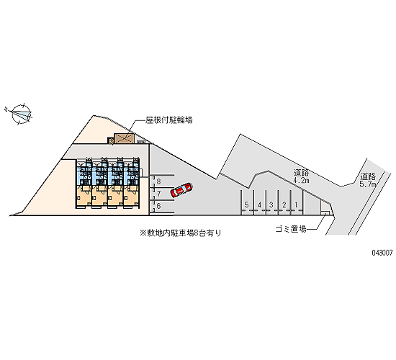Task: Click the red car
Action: click(181, 190)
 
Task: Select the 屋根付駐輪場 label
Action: click(168, 120)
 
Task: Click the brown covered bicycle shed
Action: click(124, 138)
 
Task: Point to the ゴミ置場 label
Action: click(291, 229)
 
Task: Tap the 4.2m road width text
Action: click(301, 181)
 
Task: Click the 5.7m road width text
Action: click(368, 184)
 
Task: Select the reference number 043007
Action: click(382, 253)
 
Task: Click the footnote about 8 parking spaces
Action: click(181, 233)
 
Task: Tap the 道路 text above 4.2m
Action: click(301, 173)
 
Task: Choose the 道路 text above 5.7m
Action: click(368, 176)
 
